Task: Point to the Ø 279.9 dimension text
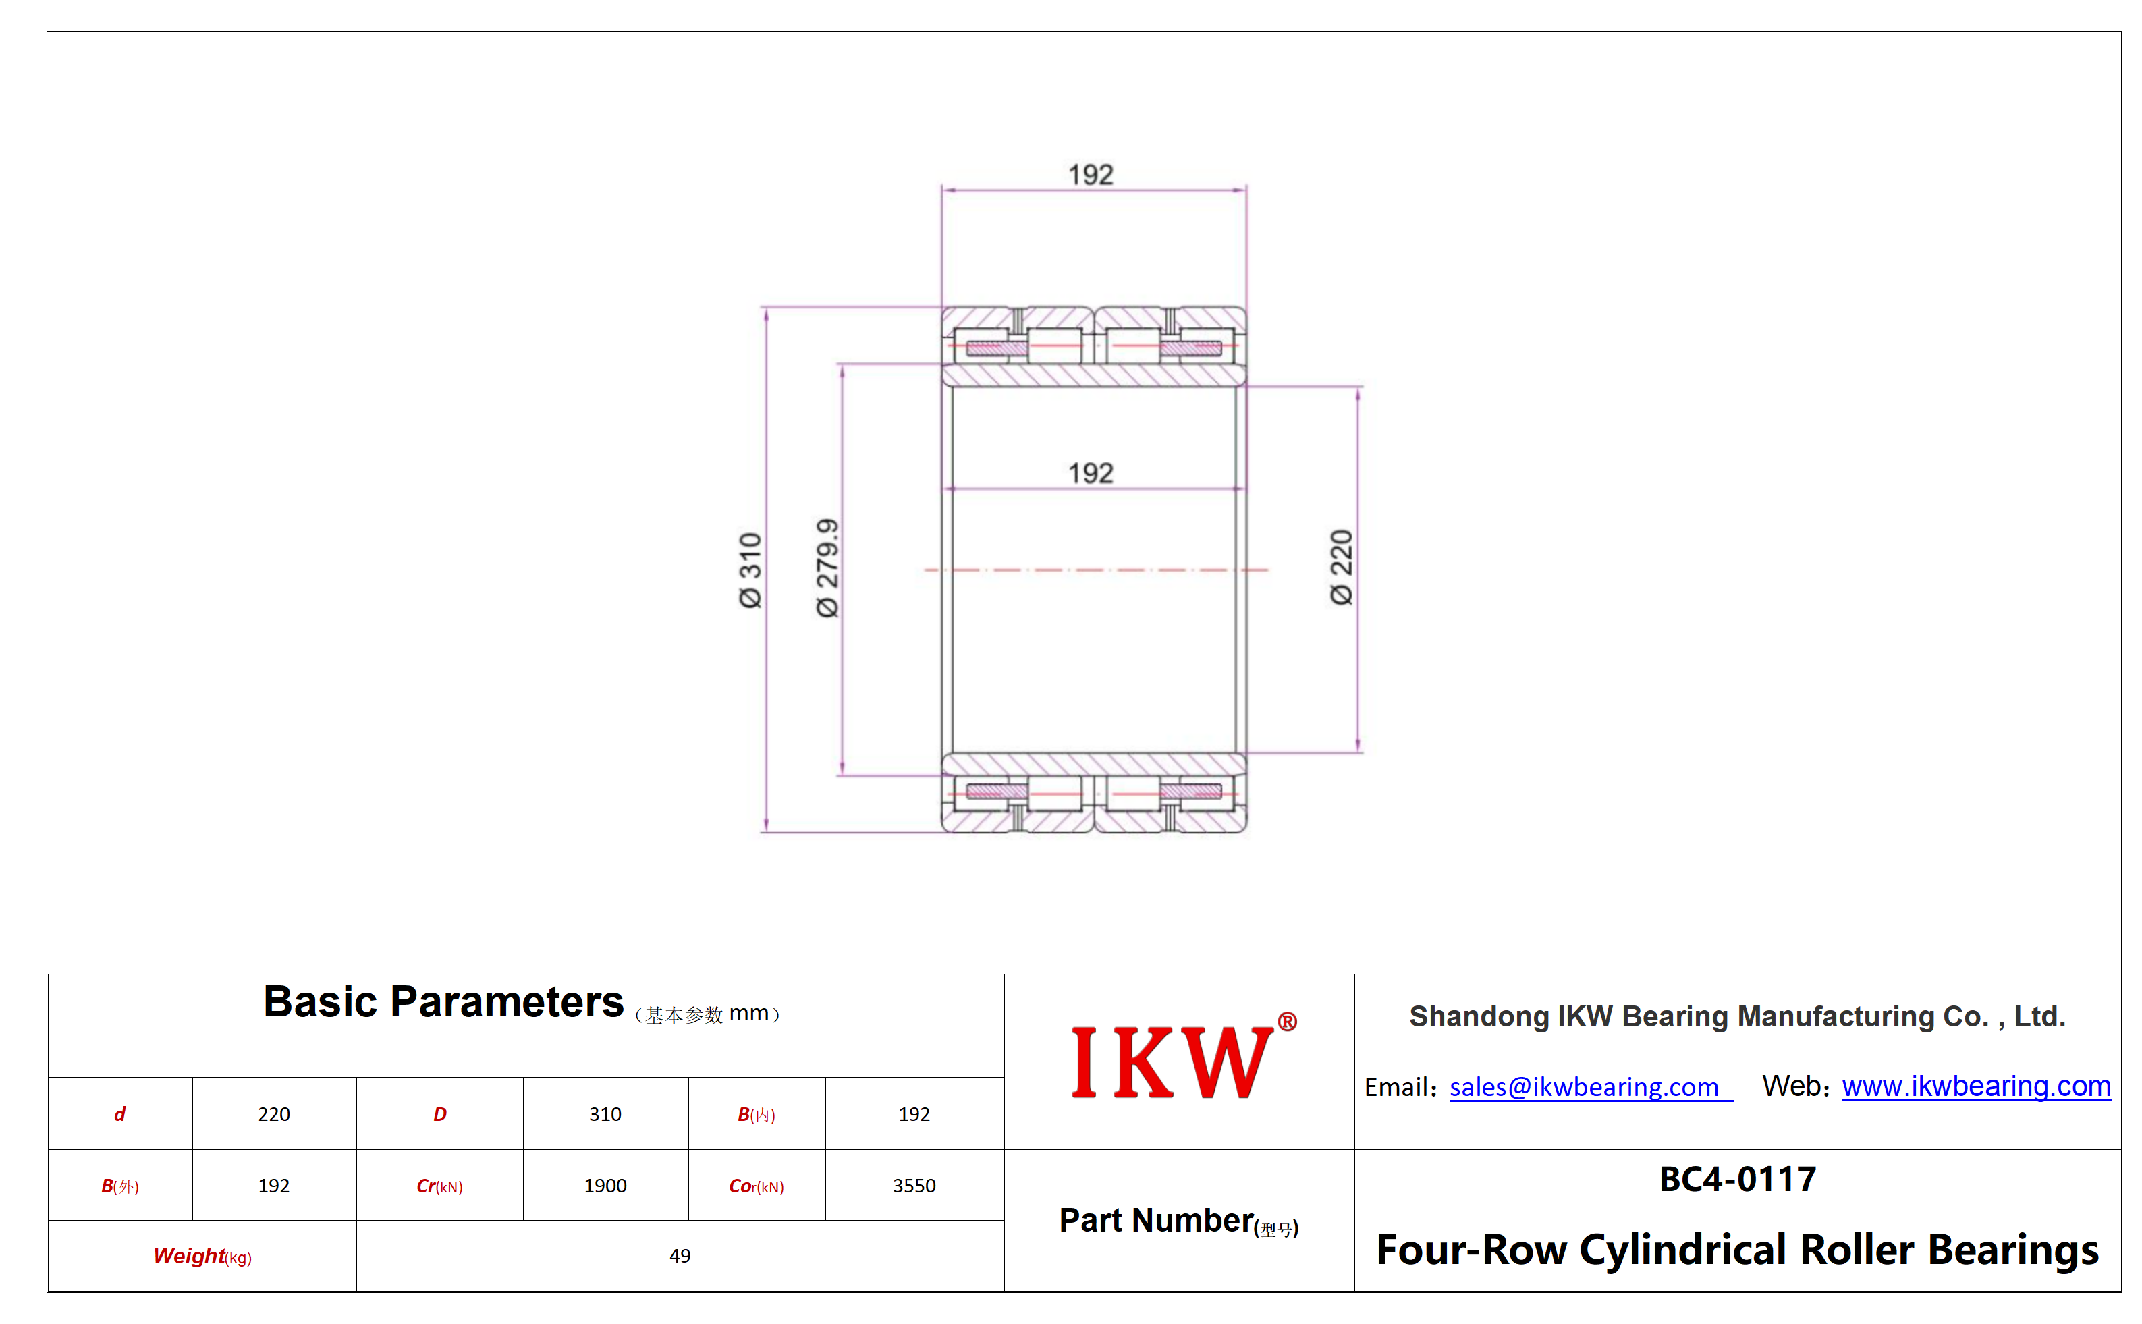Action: (827, 568)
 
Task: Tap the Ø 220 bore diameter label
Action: (1341, 567)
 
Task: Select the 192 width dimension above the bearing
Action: (1091, 174)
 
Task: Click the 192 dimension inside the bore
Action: (1091, 473)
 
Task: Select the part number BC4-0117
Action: (1737, 1179)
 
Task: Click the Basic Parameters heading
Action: (443, 1001)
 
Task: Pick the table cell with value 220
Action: (274, 1114)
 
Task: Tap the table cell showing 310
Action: (605, 1114)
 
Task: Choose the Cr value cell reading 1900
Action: (605, 1186)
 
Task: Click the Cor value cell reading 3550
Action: (914, 1186)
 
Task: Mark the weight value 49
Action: (680, 1256)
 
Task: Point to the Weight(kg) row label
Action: (202, 1257)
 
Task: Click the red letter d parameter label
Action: (120, 1114)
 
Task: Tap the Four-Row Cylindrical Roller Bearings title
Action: (1737, 1250)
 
